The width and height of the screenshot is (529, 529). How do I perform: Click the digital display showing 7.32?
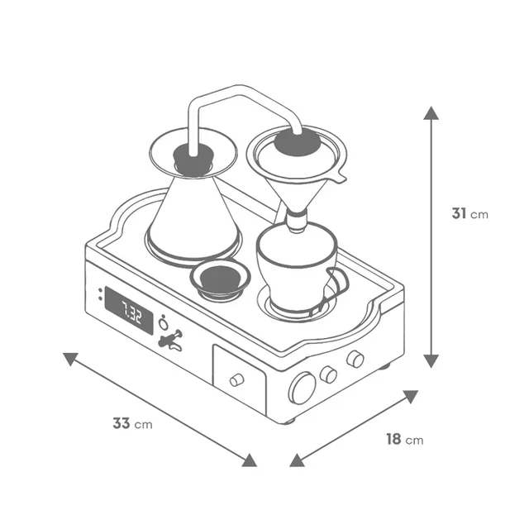tap(129, 311)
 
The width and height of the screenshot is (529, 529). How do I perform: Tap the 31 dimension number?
tap(459, 213)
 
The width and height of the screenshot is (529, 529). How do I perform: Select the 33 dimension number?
tap(122, 423)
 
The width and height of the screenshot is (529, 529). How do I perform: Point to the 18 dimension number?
tap(393, 439)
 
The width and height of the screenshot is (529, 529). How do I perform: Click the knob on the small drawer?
tap(237, 380)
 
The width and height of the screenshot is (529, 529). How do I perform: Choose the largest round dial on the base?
tap(303, 388)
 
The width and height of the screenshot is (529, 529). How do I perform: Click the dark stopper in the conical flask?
tap(193, 159)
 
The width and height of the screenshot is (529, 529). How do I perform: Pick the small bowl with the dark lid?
tap(220, 279)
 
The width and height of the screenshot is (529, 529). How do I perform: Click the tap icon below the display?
tap(171, 340)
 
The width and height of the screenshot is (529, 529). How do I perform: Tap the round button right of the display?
tap(164, 324)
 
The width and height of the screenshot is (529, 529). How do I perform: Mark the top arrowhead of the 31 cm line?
tap(431, 113)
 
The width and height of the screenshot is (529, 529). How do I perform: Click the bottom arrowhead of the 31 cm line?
tap(431, 361)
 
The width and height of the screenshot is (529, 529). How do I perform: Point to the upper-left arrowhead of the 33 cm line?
tap(70, 359)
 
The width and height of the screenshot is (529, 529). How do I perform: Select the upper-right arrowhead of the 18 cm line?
tap(411, 397)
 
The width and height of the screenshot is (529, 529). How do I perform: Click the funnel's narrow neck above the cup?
tap(297, 220)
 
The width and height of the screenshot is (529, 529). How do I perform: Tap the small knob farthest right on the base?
tap(355, 359)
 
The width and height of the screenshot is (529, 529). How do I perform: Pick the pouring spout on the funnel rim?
tap(339, 176)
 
